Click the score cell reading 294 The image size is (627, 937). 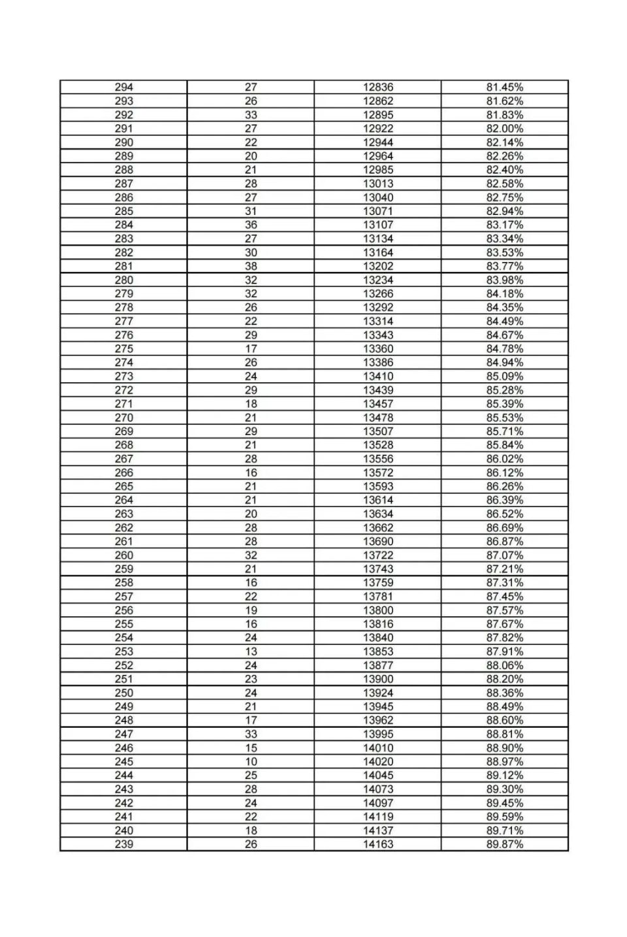pyautogui.click(x=123, y=87)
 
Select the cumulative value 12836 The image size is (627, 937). pyautogui.click(x=378, y=87)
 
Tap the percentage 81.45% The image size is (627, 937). pyautogui.click(x=504, y=87)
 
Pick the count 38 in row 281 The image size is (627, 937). pyautogui.click(x=251, y=266)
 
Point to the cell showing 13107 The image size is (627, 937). pyautogui.click(x=378, y=225)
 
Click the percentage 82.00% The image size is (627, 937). pyautogui.click(x=504, y=129)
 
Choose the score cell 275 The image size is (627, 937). pyautogui.click(x=123, y=349)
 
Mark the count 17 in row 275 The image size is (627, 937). pyautogui.click(x=251, y=349)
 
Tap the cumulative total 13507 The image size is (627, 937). pyautogui.click(x=378, y=431)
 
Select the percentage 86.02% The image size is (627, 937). pyautogui.click(x=504, y=459)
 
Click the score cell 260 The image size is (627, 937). pyautogui.click(x=123, y=555)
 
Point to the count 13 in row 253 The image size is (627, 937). pyautogui.click(x=251, y=651)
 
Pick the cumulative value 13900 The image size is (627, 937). pyautogui.click(x=378, y=679)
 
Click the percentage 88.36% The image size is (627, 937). pyautogui.click(x=504, y=693)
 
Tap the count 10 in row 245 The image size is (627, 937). pyautogui.click(x=251, y=761)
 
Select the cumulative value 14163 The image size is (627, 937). pyautogui.click(x=378, y=844)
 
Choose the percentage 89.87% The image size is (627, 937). pyautogui.click(x=504, y=844)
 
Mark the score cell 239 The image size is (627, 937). pyautogui.click(x=123, y=844)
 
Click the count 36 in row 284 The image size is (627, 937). pyautogui.click(x=251, y=225)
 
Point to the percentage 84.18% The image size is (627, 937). pyautogui.click(x=504, y=293)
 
